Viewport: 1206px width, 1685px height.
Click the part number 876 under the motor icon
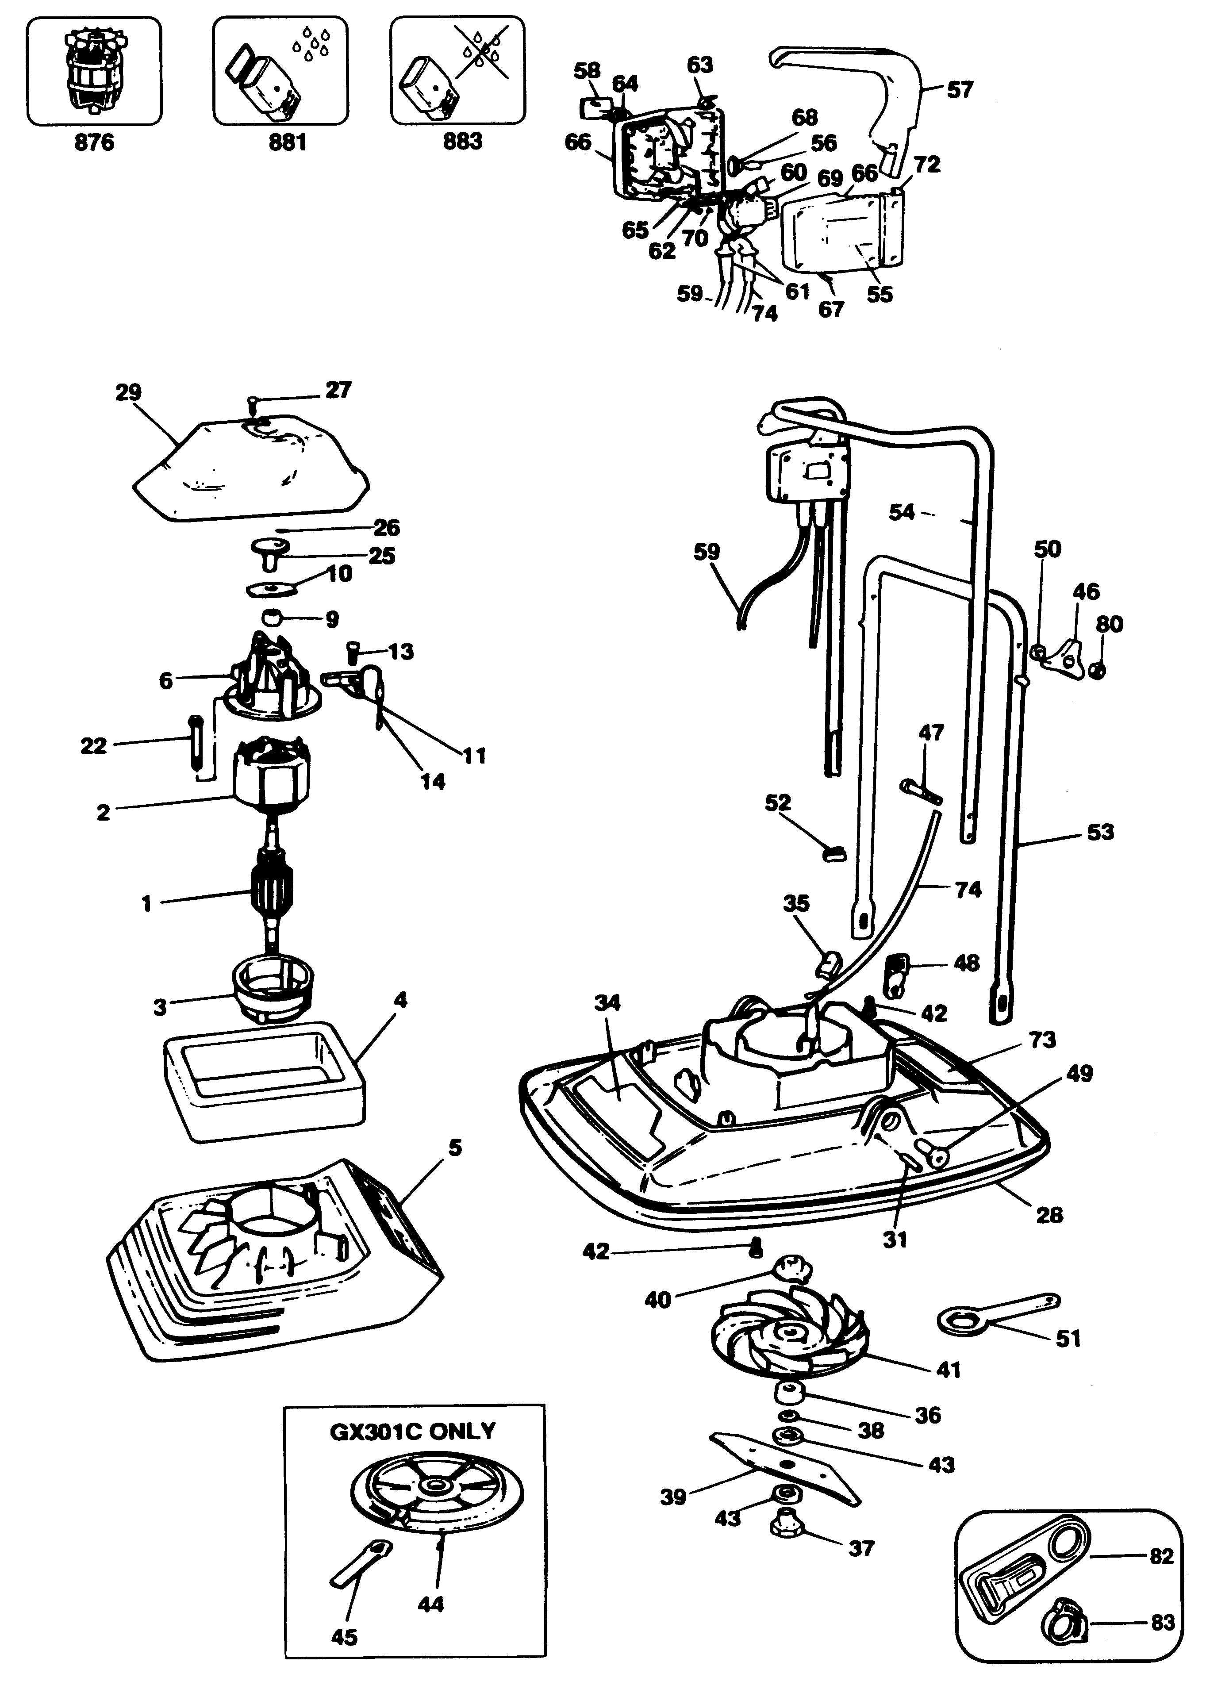[x=94, y=142]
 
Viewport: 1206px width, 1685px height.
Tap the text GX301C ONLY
[x=412, y=1431]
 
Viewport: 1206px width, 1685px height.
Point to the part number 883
[x=463, y=141]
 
